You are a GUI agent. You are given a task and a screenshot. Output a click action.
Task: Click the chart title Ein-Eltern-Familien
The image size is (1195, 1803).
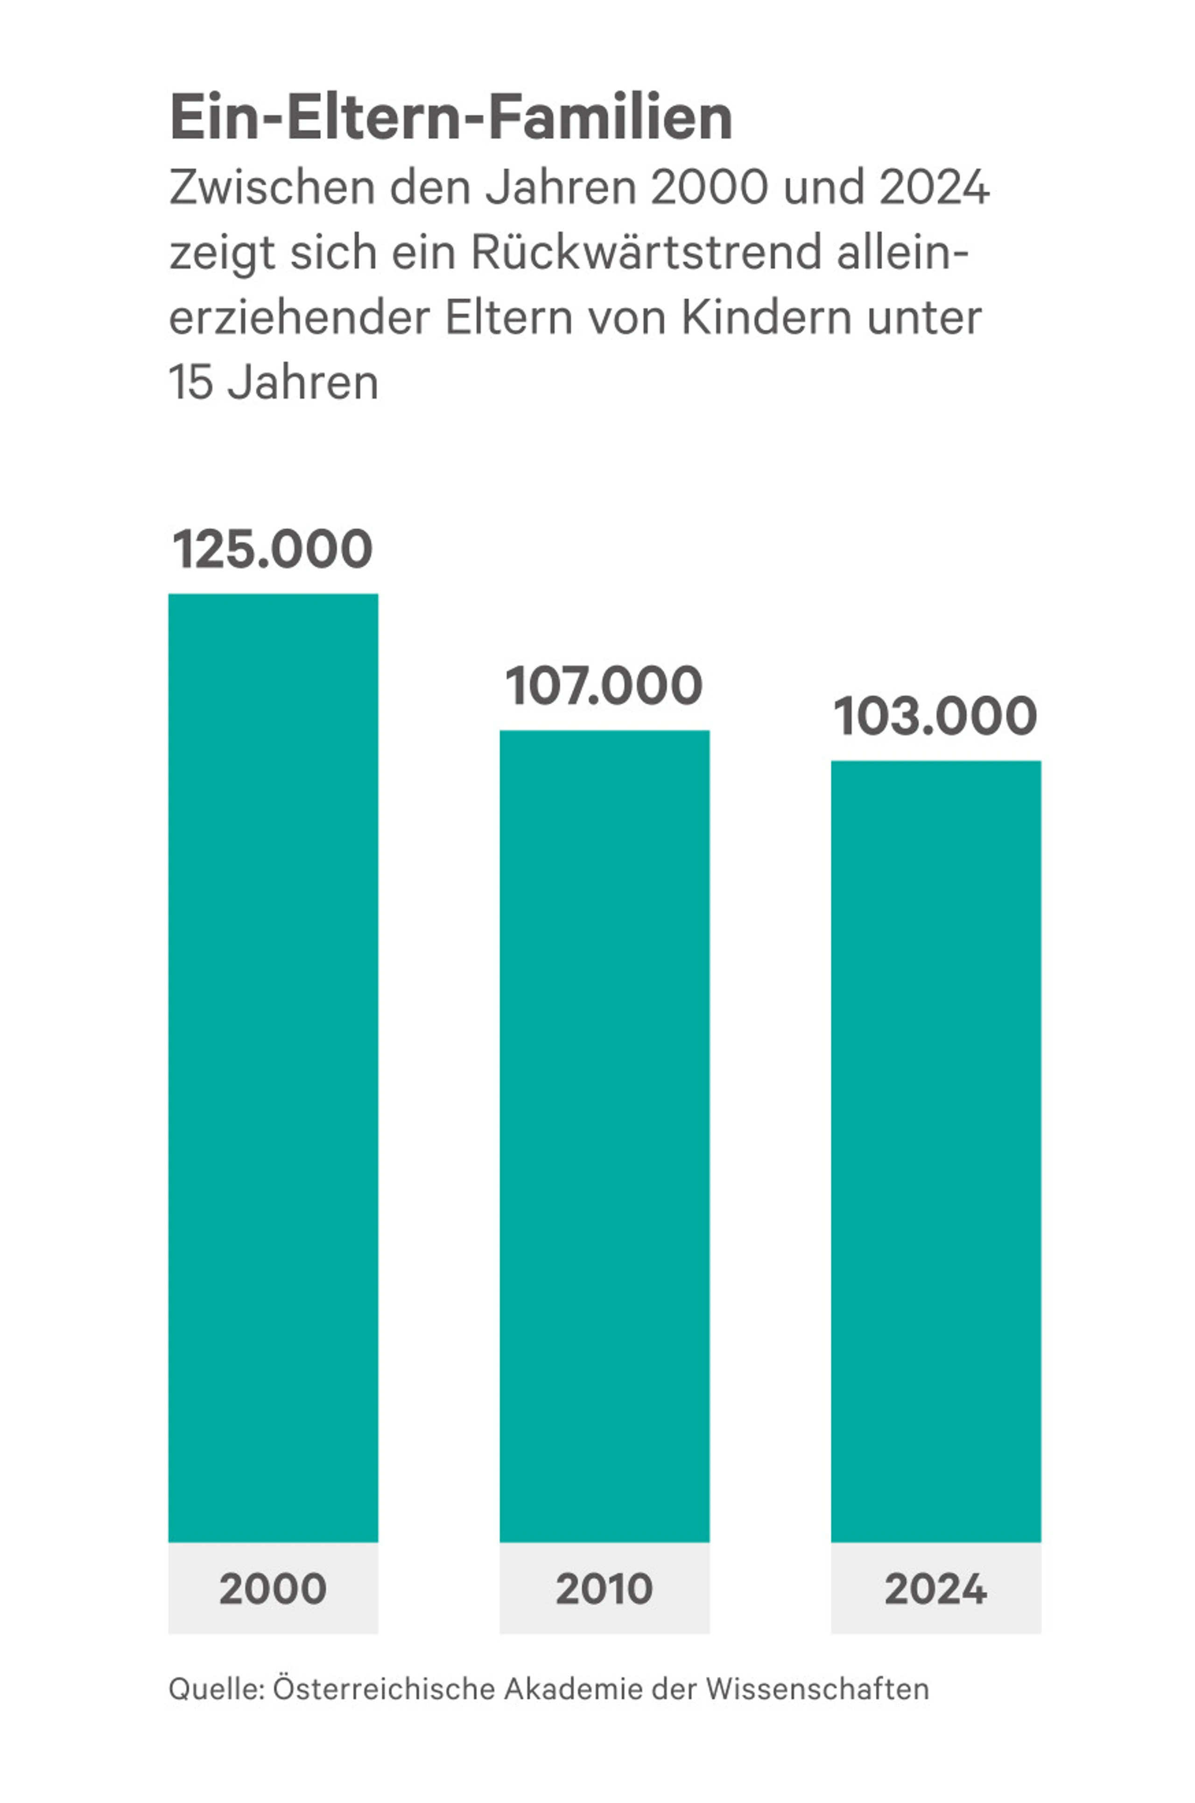coord(450,118)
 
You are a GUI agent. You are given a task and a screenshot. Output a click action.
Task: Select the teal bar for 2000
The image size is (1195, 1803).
coord(273,1067)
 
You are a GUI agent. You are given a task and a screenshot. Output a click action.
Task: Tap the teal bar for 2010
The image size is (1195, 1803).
coord(605,1135)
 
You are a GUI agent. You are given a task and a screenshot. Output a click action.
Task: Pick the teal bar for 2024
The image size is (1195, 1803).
coord(936,1151)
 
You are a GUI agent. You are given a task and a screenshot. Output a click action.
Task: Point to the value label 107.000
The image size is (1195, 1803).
coord(605,685)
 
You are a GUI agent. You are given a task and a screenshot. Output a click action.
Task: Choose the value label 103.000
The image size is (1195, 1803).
coord(936,716)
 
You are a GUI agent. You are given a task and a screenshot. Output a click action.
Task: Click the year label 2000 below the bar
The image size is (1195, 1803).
coord(273,1589)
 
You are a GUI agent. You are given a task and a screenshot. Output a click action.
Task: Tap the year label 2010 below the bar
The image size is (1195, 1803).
coord(605,1589)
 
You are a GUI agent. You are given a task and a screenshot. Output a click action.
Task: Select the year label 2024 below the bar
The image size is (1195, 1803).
coord(936,1589)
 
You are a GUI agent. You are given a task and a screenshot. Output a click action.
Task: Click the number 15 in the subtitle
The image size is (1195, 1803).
coord(190,382)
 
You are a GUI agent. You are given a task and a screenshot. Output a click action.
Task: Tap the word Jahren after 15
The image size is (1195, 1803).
coord(303,382)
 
